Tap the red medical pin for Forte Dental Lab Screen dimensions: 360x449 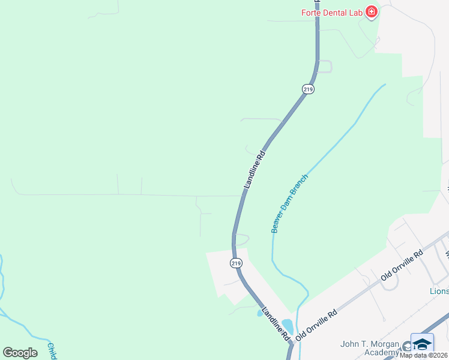pyautogui.click(x=372, y=11)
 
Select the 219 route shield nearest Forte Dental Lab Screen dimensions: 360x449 pyautogui.click(x=308, y=89)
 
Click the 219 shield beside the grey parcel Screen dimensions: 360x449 pyautogui.click(x=236, y=263)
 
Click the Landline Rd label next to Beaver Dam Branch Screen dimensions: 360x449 pyautogui.click(x=254, y=171)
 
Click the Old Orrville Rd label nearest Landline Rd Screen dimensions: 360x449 pyautogui.click(x=317, y=324)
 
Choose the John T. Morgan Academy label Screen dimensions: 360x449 pyautogui.click(x=369, y=348)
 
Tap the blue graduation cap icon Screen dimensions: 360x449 pyautogui.click(x=422, y=344)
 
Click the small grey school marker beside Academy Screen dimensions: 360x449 pyautogui.click(x=407, y=346)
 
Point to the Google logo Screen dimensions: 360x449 pyautogui.click(x=20, y=353)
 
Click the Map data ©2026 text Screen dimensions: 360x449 pyautogui.click(x=423, y=355)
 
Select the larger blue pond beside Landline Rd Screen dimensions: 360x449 pyautogui.click(x=288, y=326)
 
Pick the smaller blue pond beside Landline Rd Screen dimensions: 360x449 pyautogui.click(x=260, y=313)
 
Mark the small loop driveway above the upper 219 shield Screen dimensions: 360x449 pyautogui.click(x=325, y=66)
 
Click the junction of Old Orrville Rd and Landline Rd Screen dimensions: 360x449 pyautogui.click(x=294, y=341)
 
